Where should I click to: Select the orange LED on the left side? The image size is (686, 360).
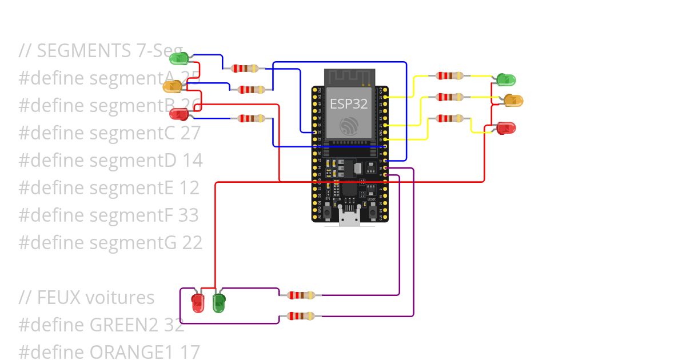coord(173,86)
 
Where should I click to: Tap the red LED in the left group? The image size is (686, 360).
coord(180,113)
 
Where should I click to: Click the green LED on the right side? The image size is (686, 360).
coord(505,79)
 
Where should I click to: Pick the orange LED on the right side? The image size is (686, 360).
coord(513,101)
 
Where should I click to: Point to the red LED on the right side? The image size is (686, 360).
coord(505,127)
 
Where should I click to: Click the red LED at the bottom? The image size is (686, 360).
coord(198,302)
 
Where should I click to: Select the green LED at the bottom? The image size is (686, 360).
coord(219,302)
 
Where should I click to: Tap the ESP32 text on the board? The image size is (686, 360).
coord(348,103)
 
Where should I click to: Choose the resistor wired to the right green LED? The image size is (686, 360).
coord(449,75)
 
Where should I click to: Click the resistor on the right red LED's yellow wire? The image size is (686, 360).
coord(449,118)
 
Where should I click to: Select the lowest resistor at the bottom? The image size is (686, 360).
coord(300,316)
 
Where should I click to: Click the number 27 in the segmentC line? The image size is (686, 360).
coord(190,133)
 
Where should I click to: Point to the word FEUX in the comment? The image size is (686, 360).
coord(59,297)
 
